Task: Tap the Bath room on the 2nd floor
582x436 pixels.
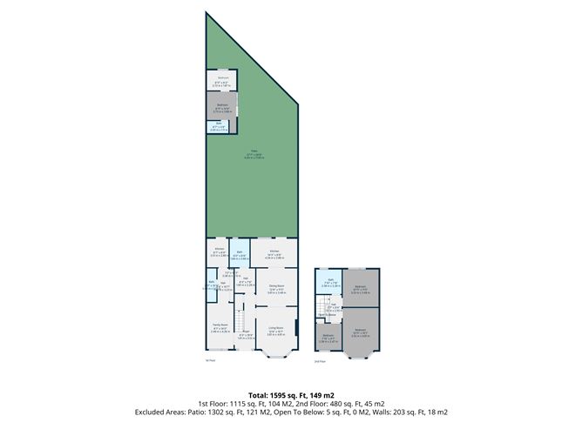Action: (x=331, y=283)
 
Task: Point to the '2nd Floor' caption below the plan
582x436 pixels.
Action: (x=319, y=360)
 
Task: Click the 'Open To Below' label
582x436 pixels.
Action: (x=327, y=315)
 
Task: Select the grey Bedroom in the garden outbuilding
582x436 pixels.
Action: (x=222, y=108)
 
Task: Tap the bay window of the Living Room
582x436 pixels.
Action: (x=276, y=354)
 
